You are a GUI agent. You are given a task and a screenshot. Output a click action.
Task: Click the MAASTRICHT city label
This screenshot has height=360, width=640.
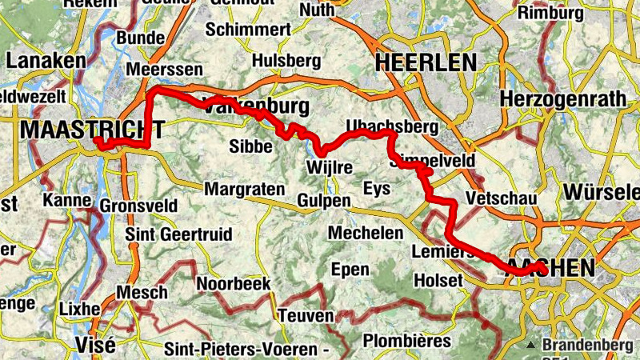pos(94,129)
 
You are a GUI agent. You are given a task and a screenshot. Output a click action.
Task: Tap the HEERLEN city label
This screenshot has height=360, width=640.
pos(425,62)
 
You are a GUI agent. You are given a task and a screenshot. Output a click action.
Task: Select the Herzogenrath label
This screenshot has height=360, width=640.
pos(555,98)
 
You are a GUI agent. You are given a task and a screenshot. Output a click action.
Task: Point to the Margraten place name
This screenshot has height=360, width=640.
pos(245,190)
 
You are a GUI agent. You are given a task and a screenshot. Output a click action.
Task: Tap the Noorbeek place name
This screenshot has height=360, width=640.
pos(234,284)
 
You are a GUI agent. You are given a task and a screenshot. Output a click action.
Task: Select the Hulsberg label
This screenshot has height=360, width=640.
pos(286,61)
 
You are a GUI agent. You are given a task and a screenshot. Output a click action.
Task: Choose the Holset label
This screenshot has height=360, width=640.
pos(438,281)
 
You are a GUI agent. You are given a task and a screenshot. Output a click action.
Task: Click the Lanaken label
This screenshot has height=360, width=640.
pos(46,62)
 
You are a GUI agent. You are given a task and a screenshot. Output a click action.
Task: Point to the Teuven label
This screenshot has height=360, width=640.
pos(306,316)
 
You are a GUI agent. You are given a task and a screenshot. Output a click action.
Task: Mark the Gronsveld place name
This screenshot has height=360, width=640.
pos(138,206)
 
